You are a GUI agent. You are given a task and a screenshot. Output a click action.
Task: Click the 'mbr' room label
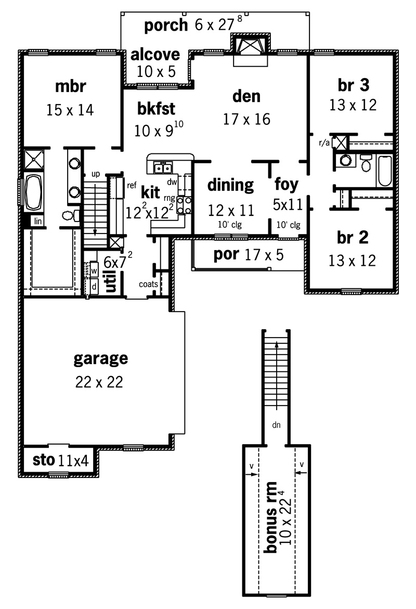70,87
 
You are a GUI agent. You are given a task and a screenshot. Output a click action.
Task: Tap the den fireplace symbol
250,47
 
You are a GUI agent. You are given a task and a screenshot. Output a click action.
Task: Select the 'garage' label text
100,359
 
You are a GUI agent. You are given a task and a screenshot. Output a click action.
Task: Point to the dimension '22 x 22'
99,382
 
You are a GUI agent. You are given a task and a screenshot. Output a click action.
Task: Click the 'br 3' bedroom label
353,85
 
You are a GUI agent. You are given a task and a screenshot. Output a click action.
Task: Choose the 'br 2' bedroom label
352,237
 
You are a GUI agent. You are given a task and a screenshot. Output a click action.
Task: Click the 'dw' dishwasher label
172,182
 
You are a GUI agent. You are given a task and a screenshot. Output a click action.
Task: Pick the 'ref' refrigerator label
132,185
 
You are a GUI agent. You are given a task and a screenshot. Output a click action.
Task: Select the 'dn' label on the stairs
276,425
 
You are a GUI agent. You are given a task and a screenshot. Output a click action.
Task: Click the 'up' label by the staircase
96,174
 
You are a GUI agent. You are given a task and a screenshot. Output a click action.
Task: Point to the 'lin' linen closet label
37,221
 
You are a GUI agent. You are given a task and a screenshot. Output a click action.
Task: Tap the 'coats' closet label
148,284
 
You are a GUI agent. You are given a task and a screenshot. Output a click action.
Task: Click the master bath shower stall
34,159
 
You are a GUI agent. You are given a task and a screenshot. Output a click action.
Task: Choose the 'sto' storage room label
44,460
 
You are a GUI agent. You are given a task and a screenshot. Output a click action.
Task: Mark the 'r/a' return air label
324,142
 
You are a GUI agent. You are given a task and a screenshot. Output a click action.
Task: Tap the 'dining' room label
231,185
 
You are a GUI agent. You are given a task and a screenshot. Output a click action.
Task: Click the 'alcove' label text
155,55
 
